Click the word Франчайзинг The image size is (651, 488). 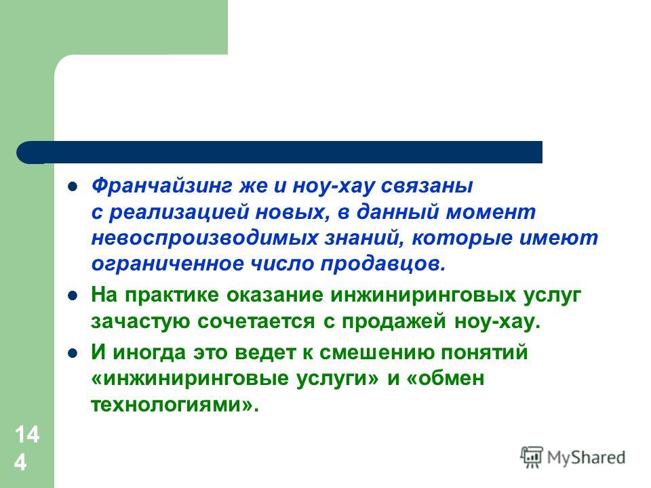click(162, 186)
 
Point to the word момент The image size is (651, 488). click(491, 212)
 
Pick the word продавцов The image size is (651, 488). click(382, 264)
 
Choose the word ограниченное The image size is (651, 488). click(167, 264)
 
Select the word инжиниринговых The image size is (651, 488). click(423, 295)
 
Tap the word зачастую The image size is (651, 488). click(140, 321)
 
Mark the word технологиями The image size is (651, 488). click(167, 405)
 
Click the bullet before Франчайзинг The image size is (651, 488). click(73, 186)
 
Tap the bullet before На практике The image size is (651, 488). click(73, 296)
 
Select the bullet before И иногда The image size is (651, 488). click(73, 353)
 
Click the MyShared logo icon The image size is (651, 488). click(532, 457)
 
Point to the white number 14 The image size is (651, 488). click(27, 434)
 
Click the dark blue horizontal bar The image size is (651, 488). click(279, 152)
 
